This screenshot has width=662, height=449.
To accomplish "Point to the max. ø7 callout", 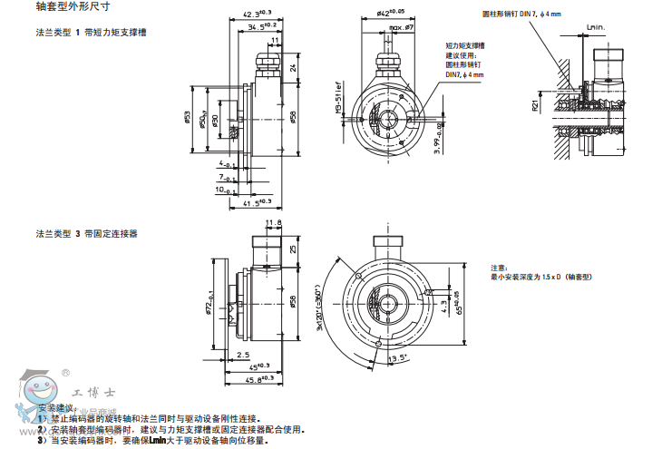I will coord(401,28).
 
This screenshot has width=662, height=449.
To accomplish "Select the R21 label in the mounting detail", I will coord(535,105).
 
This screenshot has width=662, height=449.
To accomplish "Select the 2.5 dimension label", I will coord(243,354).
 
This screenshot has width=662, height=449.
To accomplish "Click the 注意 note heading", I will coord(500,268).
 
